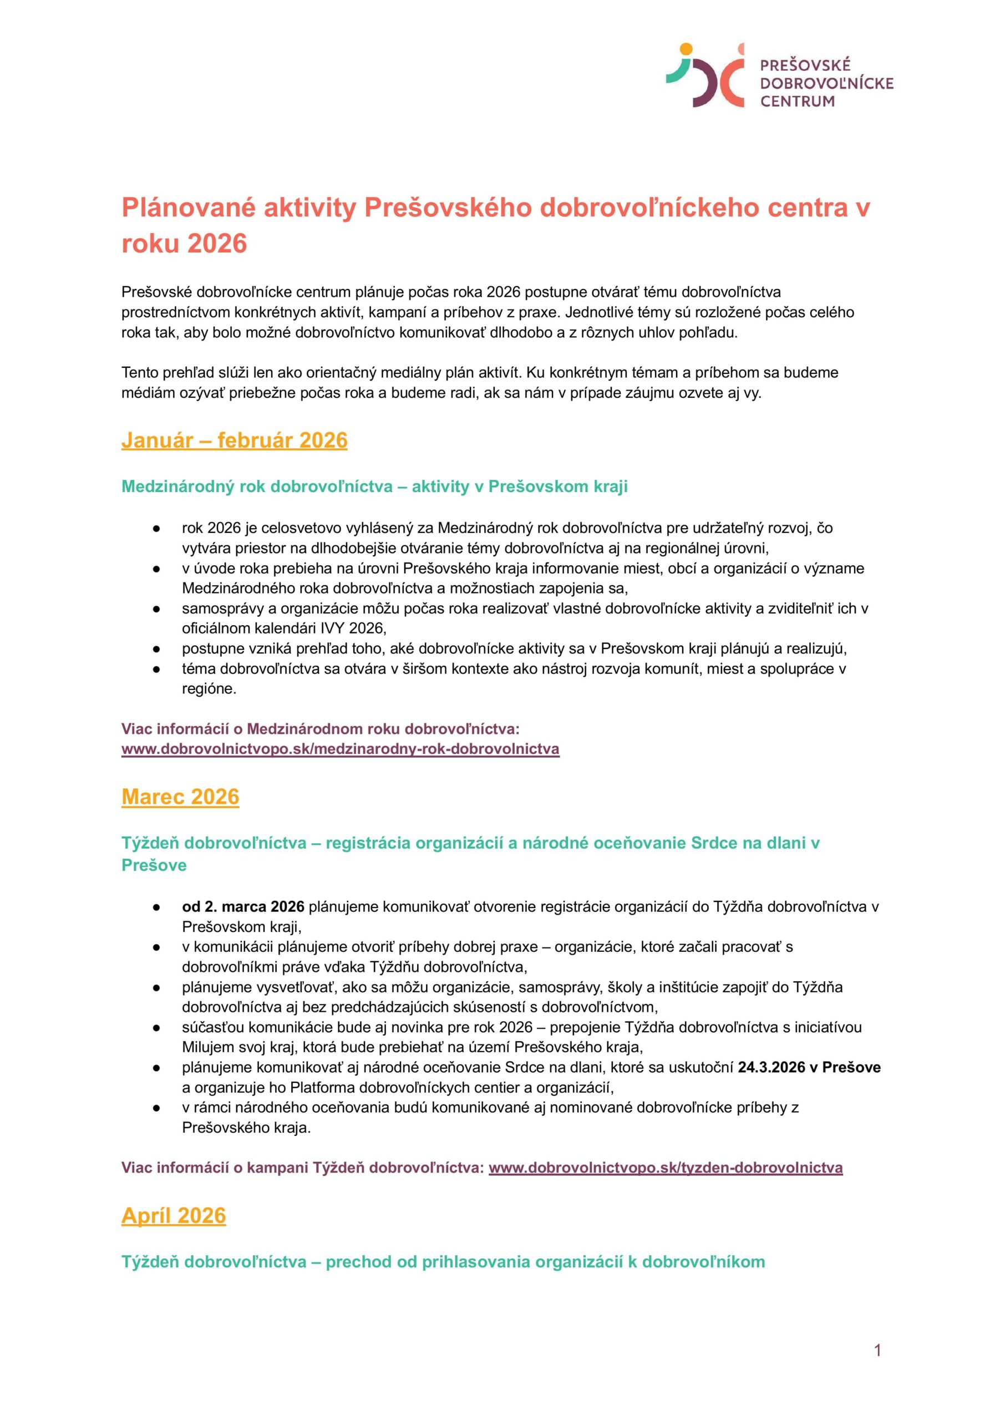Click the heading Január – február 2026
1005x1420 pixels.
point(234,440)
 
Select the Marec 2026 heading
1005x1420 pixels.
point(180,797)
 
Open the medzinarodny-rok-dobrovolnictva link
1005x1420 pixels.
point(341,749)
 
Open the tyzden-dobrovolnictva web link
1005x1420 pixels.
point(665,1168)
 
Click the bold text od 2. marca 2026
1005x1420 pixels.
point(242,907)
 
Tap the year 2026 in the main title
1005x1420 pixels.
point(217,244)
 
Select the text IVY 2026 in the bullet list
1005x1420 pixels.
point(352,628)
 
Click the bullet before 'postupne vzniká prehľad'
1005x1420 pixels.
point(156,649)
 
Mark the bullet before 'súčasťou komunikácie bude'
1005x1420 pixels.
point(156,1028)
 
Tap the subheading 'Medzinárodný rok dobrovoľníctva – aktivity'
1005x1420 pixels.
point(374,486)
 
